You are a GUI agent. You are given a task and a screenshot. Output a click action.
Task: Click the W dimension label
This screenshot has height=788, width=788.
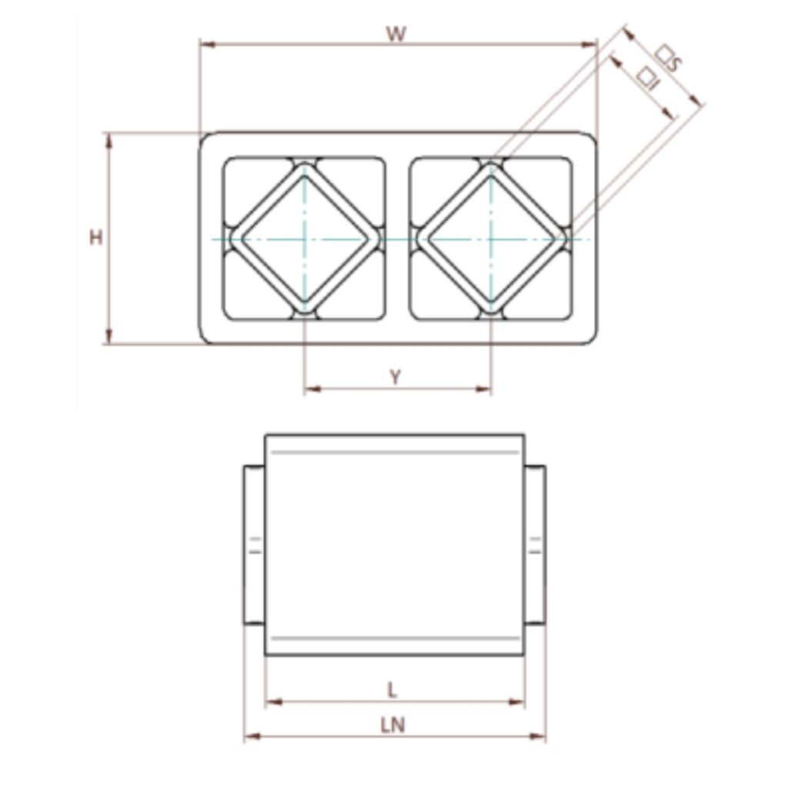pyautogui.click(x=396, y=34)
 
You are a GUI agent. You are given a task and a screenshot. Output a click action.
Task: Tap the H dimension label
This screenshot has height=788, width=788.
pyautogui.click(x=95, y=237)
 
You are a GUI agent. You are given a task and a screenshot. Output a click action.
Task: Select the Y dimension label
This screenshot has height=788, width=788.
pyautogui.click(x=396, y=376)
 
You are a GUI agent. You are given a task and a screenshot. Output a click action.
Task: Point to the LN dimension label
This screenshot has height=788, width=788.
pyautogui.click(x=392, y=725)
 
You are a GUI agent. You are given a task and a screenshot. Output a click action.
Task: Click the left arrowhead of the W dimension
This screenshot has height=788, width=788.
pyautogui.click(x=207, y=45)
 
